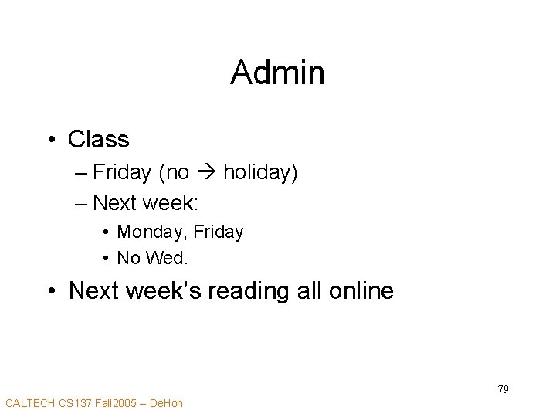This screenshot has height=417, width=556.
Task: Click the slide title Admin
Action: coord(277,73)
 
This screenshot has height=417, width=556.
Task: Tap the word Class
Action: coord(99,140)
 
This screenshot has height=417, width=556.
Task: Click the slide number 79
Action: coord(503,389)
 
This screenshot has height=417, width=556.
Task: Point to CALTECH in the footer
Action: coord(30,403)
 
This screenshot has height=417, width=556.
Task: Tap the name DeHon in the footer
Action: coord(166,403)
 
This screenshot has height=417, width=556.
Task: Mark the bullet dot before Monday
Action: coord(103,232)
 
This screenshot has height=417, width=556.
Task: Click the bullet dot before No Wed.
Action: coord(103,258)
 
